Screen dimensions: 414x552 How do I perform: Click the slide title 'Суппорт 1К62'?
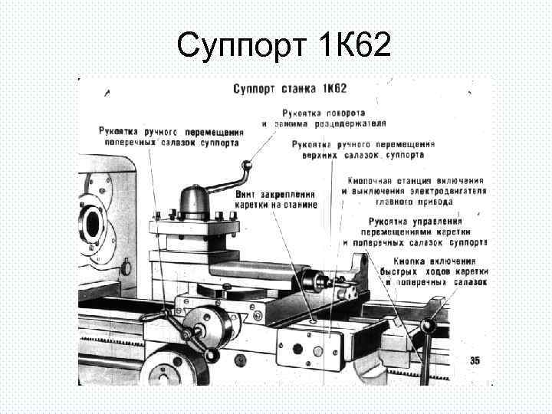point(284,48)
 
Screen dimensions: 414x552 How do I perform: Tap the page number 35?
point(475,360)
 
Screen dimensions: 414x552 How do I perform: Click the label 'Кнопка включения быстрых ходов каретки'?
point(434,271)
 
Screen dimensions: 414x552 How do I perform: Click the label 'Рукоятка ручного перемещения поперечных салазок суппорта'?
point(169,136)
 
